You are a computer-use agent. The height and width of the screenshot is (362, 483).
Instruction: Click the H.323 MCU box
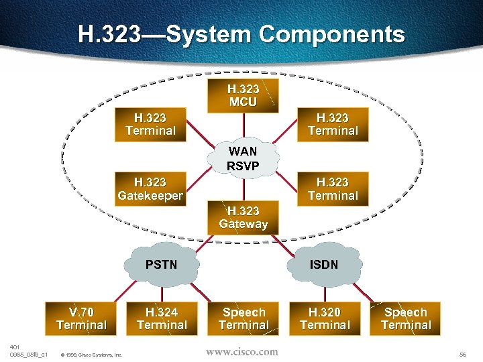[243, 95]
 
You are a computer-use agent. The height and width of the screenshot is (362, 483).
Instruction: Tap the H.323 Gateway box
[243, 217]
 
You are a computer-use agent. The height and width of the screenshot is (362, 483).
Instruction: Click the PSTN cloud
[162, 265]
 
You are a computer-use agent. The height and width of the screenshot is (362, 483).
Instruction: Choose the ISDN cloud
[324, 265]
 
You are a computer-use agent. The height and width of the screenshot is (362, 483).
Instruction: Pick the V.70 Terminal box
[81, 318]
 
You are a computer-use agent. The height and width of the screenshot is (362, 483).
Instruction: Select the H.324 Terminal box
[162, 318]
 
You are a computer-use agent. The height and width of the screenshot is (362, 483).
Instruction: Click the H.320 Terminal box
[325, 318]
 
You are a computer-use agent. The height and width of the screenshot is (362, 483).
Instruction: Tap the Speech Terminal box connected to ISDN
[405, 318]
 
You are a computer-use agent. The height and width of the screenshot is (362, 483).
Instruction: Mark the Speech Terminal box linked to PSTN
[244, 318]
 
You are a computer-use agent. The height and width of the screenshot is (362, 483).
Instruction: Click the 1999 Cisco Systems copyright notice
[91, 354]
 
